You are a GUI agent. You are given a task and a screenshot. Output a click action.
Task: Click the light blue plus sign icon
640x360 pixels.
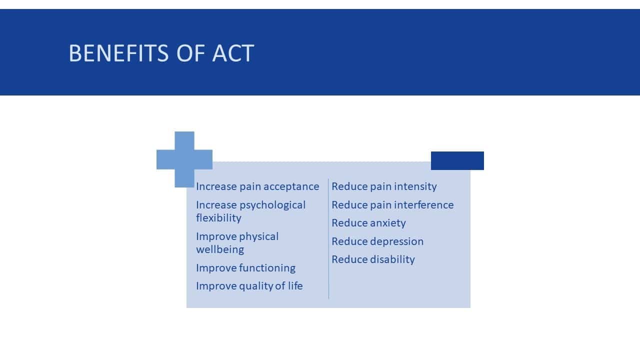(x=184, y=159)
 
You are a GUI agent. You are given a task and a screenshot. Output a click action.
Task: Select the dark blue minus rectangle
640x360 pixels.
(x=457, y=160)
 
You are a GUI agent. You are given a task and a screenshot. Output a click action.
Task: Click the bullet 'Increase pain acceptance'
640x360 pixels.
(x=257, y=186)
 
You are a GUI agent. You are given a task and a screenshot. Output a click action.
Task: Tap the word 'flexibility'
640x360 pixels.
(x=218, y=218)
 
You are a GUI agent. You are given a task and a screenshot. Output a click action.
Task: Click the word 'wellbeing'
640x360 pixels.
(x=220, y=249)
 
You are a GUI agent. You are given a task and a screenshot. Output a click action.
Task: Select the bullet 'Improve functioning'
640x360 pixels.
(x=245, y=268)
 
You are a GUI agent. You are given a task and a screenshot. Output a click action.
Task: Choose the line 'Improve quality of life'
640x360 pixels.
(x=249, y=286)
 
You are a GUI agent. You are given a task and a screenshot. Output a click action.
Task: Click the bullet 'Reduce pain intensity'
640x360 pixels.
(x=384, y=186)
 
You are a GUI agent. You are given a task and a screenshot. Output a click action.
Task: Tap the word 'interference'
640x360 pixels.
(x=423, y=205)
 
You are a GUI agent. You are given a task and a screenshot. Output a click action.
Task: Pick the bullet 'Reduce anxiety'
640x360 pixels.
(x=368, y=223)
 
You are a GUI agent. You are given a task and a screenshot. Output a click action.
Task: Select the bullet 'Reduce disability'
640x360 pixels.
(x=373, y=259)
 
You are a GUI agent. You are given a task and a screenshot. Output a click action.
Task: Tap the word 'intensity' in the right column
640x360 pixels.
(x=415, y=186)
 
